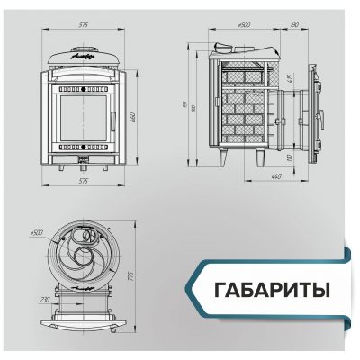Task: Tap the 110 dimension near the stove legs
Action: [x=287, y=157]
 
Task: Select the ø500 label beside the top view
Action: [x=37, y=231]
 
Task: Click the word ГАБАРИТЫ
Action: [x=273, y=291]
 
